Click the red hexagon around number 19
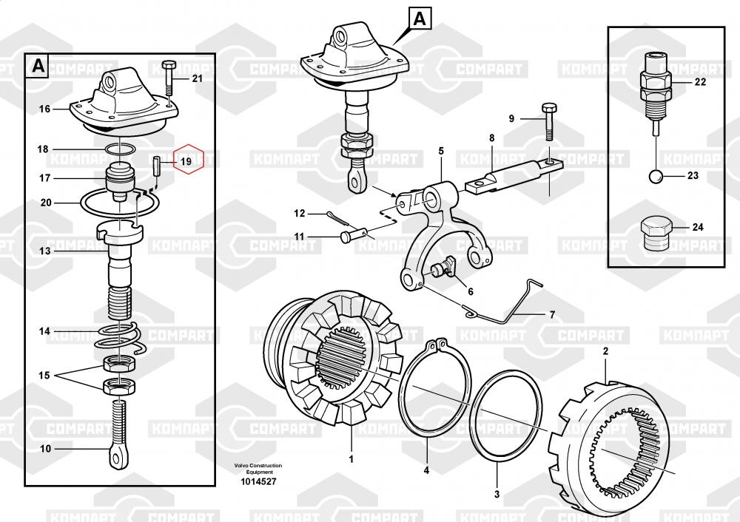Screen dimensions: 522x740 pyautogui.click(x=186, y=159)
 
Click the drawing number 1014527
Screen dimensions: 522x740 pyautogui.click(x=259, y=481)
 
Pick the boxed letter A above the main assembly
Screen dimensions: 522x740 pyautogui.click(x=419, y=18)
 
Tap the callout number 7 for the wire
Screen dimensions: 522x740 pyautogui.click(x=551, y=315)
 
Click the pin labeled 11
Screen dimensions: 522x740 pyautogui.click(x=354, y=237)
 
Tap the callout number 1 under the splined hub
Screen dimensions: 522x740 pyautogui.click(x=351, y=458)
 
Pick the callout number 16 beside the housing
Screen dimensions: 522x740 pyautogui.click(x=44, y=109)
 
